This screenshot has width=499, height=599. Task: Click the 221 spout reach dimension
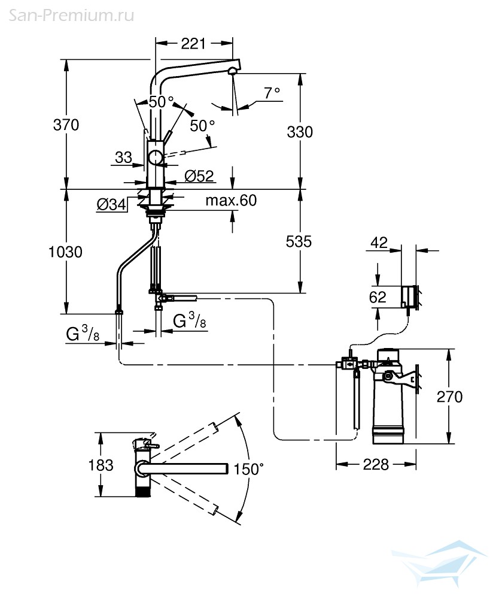pyautogui.click(x=193, y=44)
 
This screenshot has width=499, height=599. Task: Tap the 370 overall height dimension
pyautogui.click(x=66, y=125)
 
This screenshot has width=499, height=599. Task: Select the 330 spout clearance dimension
pyautogui.click(x=300, y=132)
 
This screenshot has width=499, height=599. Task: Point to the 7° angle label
pyautogui.click(x=272, y=93)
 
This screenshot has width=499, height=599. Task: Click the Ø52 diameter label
pyautogui.click(x=199, y=176)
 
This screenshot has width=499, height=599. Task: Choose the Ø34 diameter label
pyautogui.click(x=111, y=204)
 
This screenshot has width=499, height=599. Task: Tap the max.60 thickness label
pyautogui.click(x=231, y=200)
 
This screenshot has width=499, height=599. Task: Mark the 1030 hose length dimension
pyautogui.click(x=65, y=252)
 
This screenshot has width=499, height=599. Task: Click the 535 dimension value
pyautogui.click(x=299, y=241)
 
